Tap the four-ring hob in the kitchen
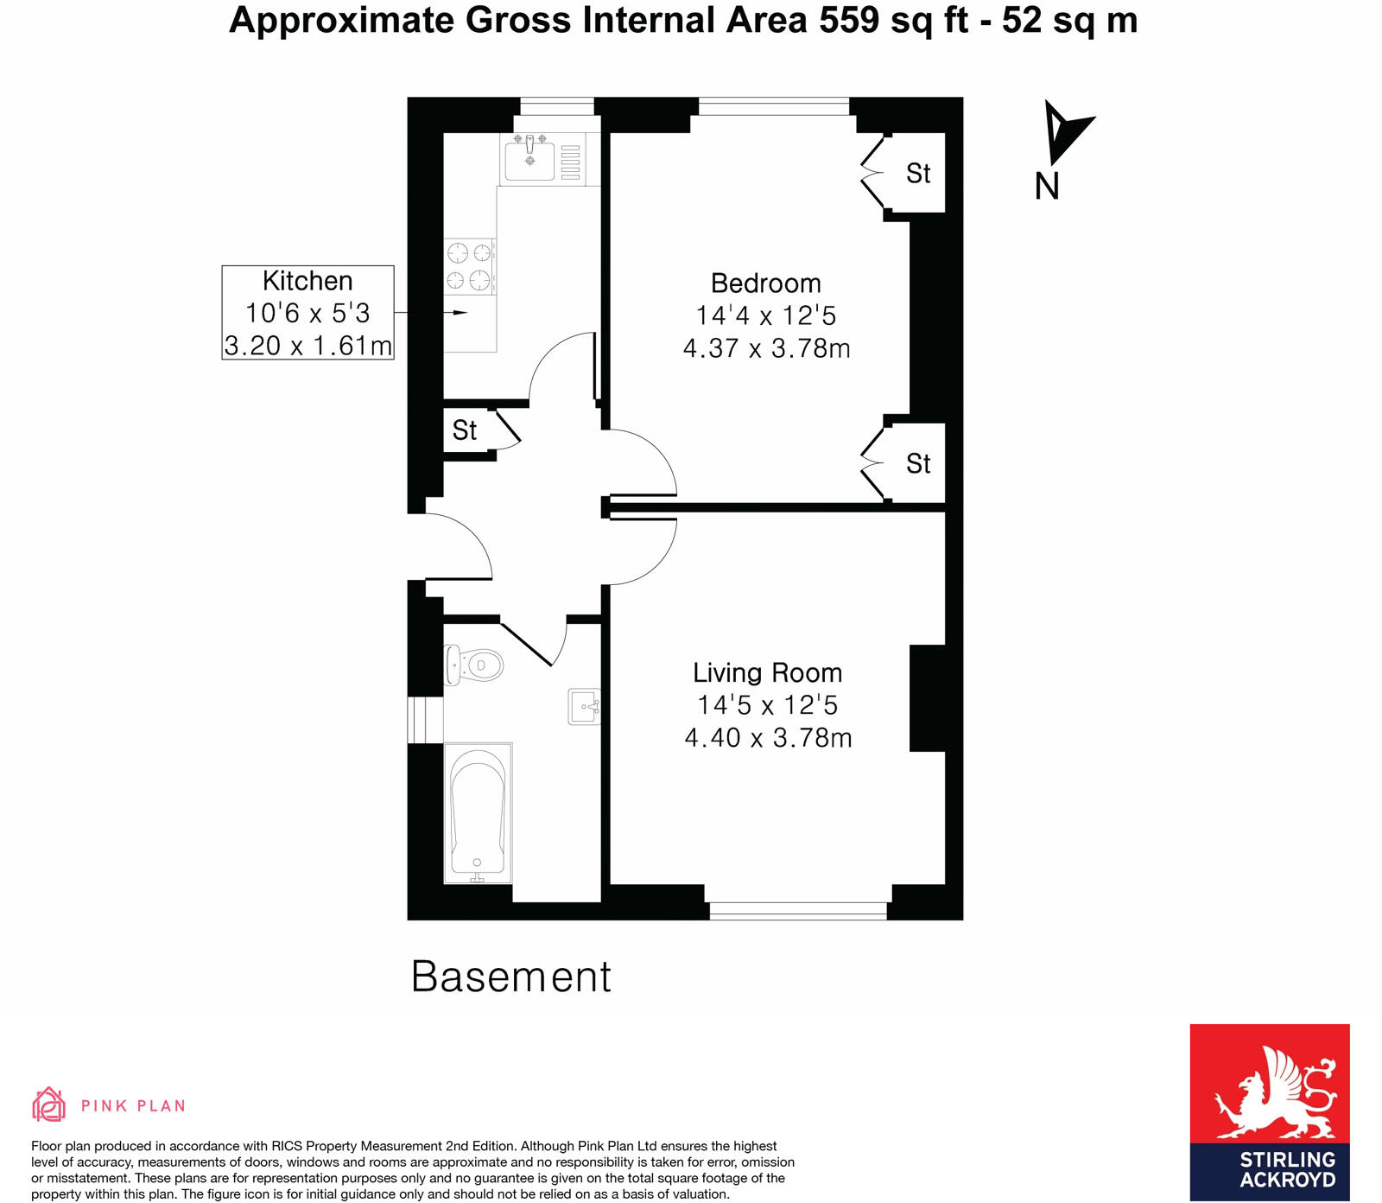469,266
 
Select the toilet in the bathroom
475,665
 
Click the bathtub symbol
477,813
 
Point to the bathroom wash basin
584,706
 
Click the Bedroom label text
765,283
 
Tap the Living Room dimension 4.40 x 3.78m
768,738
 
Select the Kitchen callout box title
307,281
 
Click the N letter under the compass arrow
1047,186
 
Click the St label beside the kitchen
465,430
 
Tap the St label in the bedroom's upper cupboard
918,174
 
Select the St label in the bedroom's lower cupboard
918,464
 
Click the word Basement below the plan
510,977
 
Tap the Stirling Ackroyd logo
1269,1111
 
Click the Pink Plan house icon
48,1104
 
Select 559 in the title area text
849,20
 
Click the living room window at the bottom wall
798,910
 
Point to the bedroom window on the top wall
774,106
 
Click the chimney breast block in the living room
927,698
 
